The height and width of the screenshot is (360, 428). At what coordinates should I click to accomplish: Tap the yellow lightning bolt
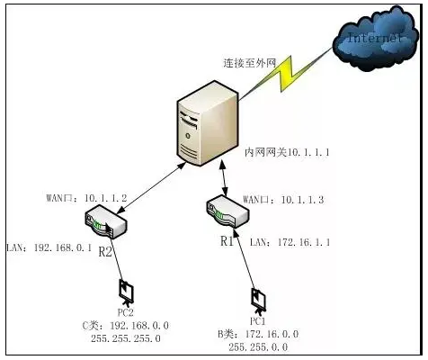click(286, 74)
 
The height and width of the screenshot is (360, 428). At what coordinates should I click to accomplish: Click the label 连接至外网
click(250, 63)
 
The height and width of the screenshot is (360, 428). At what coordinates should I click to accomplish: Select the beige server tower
click(208, 123)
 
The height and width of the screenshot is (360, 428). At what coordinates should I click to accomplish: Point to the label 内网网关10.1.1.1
click(287, 152)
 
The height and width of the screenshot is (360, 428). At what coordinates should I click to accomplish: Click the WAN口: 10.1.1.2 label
click(86, 198)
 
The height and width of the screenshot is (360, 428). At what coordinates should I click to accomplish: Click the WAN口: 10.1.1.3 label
click(283, 200)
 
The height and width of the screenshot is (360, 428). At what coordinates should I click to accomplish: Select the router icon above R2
click(106, 221)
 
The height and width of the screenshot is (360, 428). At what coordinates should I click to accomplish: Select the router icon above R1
click(227, 211)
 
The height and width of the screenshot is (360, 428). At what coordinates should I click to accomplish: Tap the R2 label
click(105, 252)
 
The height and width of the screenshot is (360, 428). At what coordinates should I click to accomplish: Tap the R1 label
click(227, 241)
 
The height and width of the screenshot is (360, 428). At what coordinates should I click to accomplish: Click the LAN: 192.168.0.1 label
click(49, 247)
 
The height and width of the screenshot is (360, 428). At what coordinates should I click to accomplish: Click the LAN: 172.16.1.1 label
click(290, 242)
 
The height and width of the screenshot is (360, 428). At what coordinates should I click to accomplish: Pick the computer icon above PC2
click(126, 292)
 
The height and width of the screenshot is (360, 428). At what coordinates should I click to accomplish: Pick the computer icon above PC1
click(258, 301)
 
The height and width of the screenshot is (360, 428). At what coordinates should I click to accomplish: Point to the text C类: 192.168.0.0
click(126, 326)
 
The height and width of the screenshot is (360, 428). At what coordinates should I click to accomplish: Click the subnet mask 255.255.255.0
click(126, 338)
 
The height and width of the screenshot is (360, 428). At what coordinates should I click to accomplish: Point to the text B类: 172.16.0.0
click(258, 334)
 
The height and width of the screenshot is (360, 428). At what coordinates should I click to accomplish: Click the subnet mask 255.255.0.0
click(258, 347)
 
